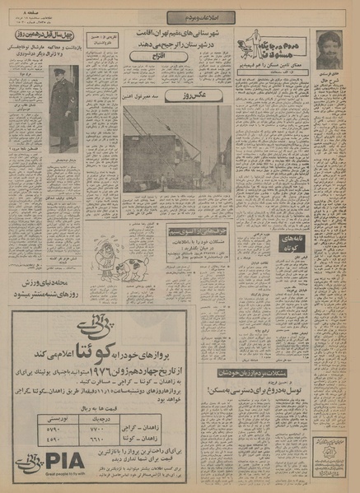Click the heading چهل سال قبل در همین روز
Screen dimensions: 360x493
click(x=44, y=37)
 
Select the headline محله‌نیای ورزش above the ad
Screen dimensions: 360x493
click(x=45, y=287)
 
